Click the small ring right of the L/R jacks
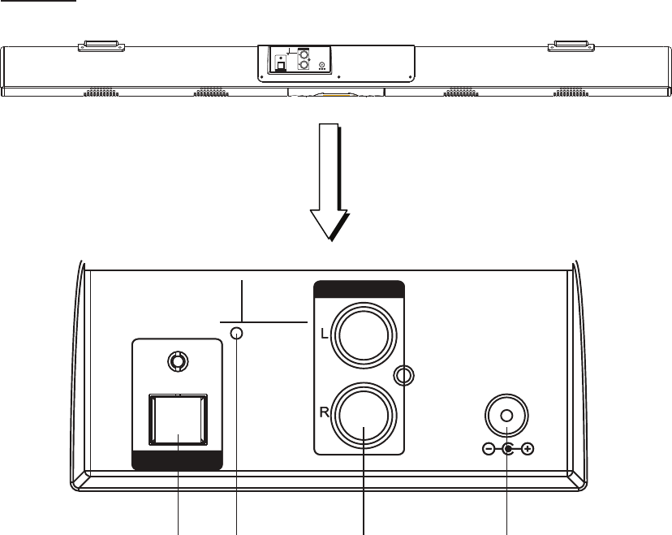pos(404,375)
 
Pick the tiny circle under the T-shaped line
pos(236,334)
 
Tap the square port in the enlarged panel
pos(178,420)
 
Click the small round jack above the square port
pos(174,360)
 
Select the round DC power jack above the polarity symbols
pos(506,416)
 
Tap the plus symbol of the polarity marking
pos(528,449)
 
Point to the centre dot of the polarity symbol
pos(507,449)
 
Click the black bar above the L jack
pos(359,289)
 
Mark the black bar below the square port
pos(177,462)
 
